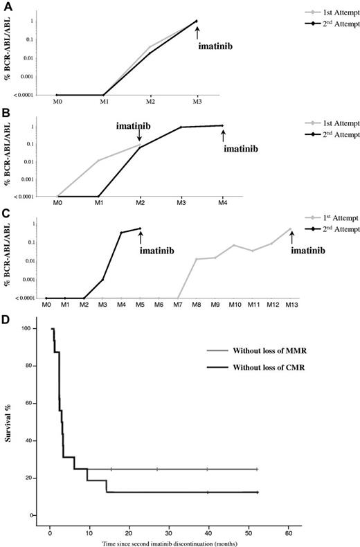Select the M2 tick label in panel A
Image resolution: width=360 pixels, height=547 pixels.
point(150,102)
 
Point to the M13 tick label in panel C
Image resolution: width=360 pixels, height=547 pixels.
point(291,305)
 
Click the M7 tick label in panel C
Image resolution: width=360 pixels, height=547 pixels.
point(178,305)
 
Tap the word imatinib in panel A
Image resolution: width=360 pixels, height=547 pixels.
point(216,46)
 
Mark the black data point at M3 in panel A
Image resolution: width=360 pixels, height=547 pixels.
point(197,21)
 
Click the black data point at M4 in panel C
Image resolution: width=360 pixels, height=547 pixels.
point(121,233)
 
